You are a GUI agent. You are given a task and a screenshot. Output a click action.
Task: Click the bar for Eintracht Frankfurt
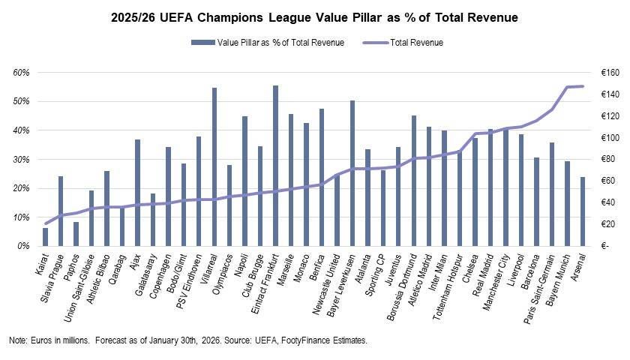(x=275, y=166)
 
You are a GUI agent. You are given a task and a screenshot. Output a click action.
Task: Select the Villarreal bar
(x=214, y=166)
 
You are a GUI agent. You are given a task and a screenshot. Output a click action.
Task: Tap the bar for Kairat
(x=46, y=237)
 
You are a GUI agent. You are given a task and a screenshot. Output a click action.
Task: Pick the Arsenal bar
(x=582, y=211)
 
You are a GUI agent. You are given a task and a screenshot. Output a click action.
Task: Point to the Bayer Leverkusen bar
(x=352, y=173)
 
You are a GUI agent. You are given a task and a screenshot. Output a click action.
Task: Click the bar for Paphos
(x=76, y=234)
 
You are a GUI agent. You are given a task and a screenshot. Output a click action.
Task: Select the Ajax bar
(x=137, y=193)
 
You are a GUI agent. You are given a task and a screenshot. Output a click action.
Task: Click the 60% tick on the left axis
(x=21, y=73)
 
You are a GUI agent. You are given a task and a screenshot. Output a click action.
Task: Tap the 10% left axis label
(x=21, y=217)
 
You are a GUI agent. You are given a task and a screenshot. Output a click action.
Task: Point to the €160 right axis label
(x=610, y=73)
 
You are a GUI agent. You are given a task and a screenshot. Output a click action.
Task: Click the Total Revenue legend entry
(x=403, y=43)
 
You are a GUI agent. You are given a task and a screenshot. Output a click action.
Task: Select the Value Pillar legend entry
(x=268, y=43)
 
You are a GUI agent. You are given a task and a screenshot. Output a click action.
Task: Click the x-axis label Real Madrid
(x=482, y=274)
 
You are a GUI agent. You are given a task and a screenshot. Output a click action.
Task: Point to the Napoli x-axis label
(x=241, y=265)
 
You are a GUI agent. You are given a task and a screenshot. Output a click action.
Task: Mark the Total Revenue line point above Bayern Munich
(x=567, y=87)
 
